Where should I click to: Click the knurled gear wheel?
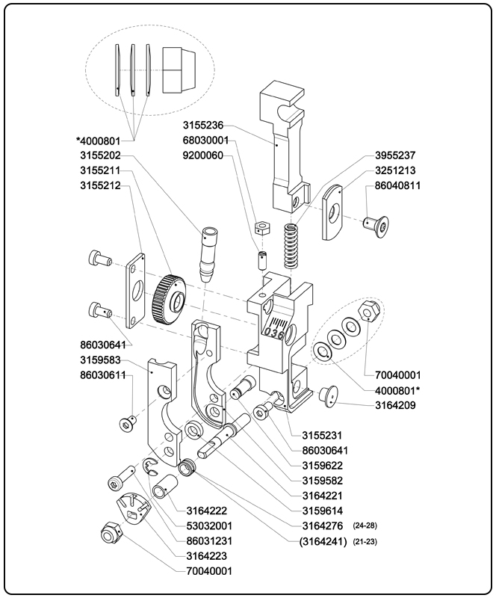(167, 299)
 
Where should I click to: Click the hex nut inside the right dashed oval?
(368, 310)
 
